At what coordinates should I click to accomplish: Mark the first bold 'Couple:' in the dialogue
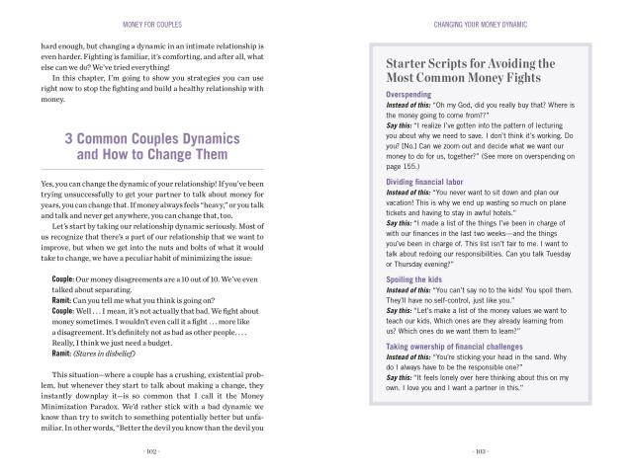click(68, 251)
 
